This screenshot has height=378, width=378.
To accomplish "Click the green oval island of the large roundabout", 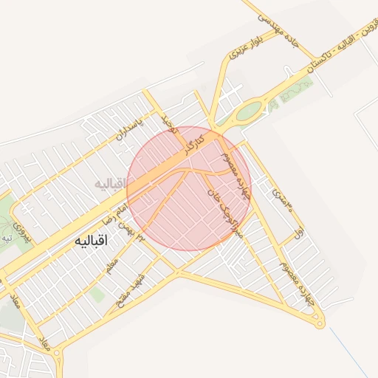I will (x=249, y=111).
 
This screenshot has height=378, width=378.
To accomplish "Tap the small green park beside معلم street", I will (x=96, y=294).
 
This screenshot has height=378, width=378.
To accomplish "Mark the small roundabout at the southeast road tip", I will (x=319, y=322).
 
